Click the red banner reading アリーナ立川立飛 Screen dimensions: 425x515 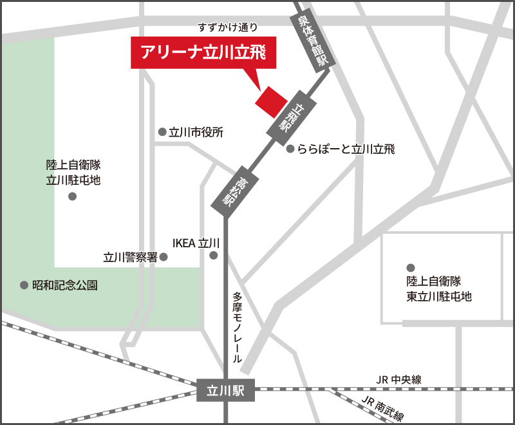pyautogui.click(x=203, y=53)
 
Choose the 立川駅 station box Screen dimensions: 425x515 pyautogui.click(x=226, y=389)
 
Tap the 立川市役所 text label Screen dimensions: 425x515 pyautogui.click(x=196, y=133)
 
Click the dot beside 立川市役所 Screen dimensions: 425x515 pyautogui.click(x=162, y=132)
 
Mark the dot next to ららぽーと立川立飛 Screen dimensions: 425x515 pyautogui.click(x=290, y=149)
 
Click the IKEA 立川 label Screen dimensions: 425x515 pyautogui.click(x=196, y=243)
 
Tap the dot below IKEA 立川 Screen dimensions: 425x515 pyautogui.click(x=214, y=256)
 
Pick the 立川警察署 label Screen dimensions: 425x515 pyautogui.click(x=131, y=257)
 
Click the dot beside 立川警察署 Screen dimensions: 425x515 pyautogui.click(x=164, y=257)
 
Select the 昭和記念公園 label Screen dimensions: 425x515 pyautogui.click(x=65, y=285)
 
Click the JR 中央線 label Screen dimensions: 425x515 pyautogui.click(x=400, y=380)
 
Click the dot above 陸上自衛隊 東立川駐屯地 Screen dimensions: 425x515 pyautogui.click(x=409, y=267)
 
